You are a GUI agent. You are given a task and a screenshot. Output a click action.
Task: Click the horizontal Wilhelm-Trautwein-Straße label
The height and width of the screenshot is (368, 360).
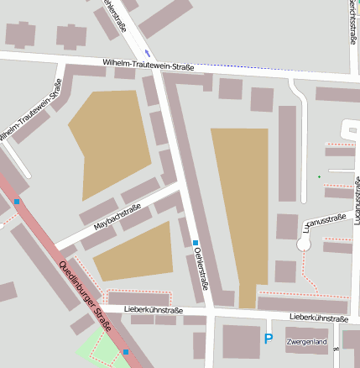[x=148, y=63]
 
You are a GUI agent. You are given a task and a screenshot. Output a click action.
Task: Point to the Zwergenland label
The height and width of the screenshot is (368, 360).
[x=306, y=343]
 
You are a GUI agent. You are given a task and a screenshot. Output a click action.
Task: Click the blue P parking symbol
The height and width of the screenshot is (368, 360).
[x=269, y=339]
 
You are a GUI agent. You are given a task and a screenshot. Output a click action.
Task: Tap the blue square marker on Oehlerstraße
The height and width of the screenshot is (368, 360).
[x=196, y=244]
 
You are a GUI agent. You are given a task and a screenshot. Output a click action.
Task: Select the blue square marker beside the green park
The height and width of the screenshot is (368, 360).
[x=126, y=351]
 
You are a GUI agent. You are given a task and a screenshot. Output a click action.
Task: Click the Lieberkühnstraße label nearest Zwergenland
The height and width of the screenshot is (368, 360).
[x=318, y=318]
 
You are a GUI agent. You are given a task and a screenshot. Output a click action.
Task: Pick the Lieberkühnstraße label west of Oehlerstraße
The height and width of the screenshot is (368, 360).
[x=153, y=310]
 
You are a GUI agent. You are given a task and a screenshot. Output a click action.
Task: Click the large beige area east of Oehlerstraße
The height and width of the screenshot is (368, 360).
[x=240, y=210]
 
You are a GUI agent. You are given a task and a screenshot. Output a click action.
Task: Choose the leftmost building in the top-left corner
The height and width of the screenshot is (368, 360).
[x=18, y=34]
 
